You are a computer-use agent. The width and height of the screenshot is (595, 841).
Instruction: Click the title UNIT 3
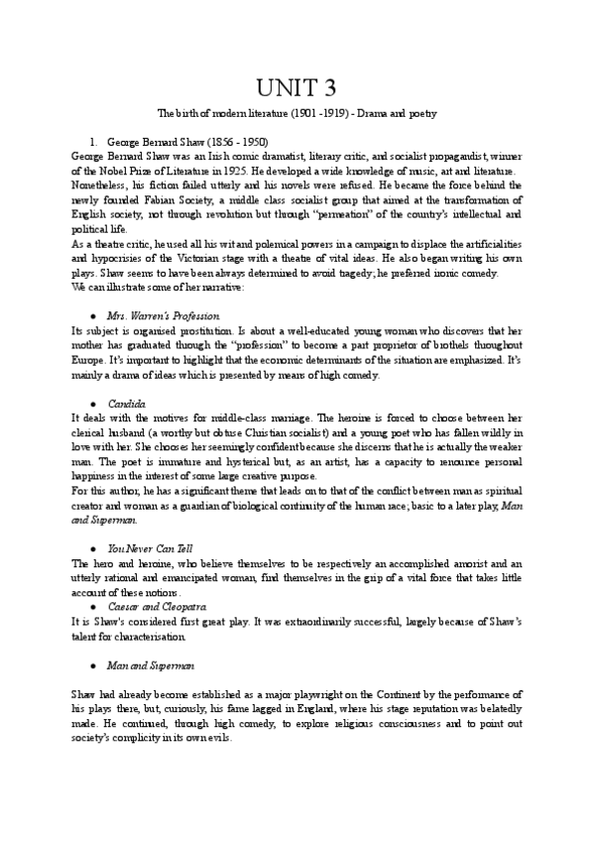pyautogui.click(x=297, y=86)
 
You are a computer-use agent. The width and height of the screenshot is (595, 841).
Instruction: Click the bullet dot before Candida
pyautogui.click(x=92, y=405)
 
